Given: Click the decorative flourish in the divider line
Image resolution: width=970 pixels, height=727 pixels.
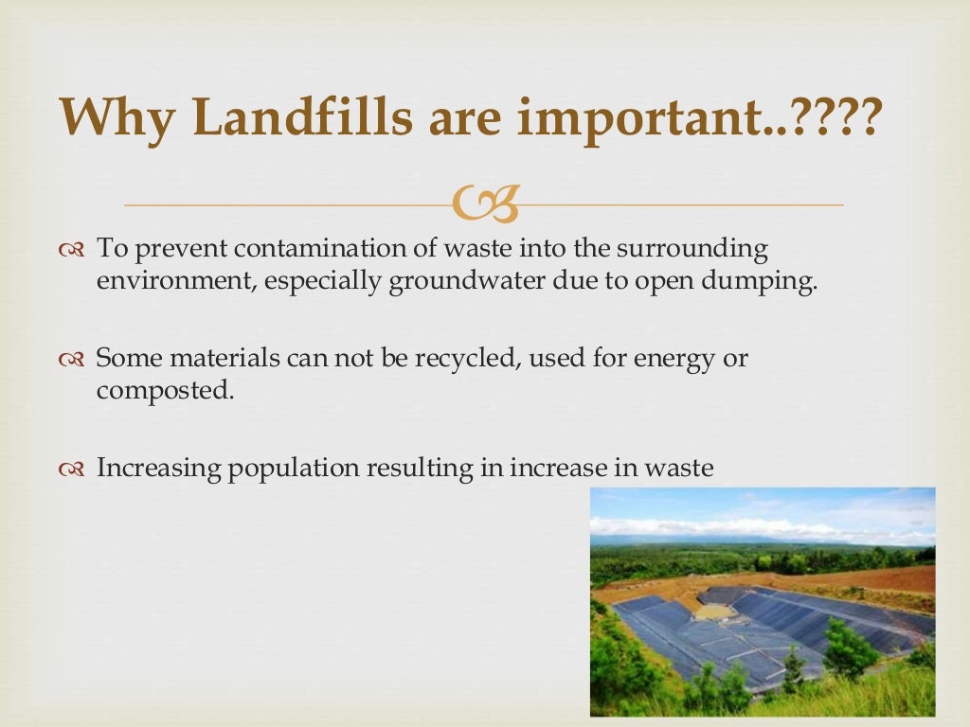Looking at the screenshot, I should (x=485, y=204).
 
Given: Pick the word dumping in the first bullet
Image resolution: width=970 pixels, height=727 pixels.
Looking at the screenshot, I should (x=771, y=283).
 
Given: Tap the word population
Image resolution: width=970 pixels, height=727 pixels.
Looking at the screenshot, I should (x=283, y=468).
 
